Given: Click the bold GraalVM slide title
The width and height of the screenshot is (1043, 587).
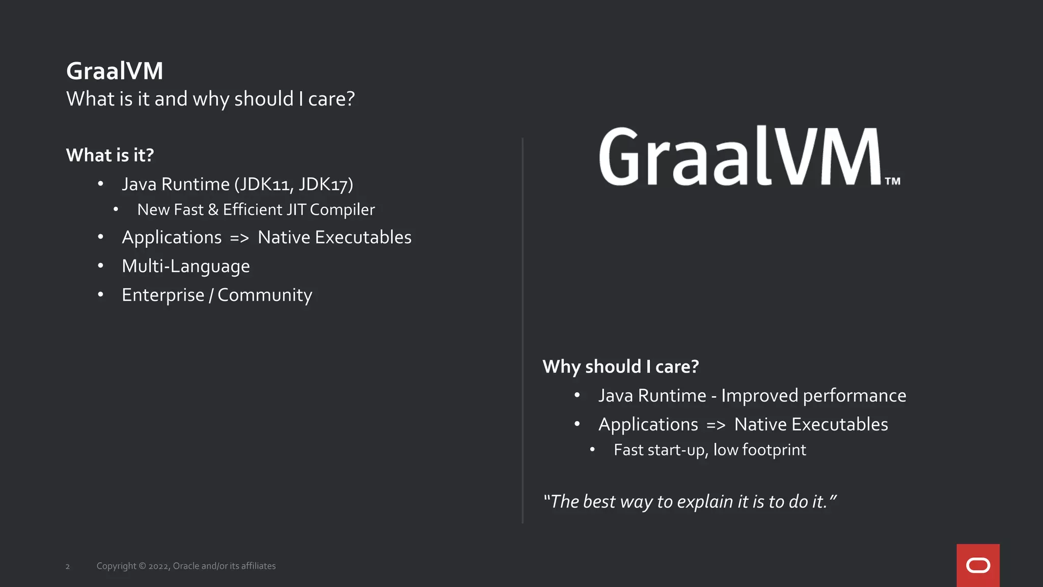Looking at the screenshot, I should (x=115, y=71).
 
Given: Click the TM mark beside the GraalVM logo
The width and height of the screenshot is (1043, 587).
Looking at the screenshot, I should (x=892, y=181).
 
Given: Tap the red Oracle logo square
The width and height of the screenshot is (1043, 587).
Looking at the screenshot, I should (x=978, y=565).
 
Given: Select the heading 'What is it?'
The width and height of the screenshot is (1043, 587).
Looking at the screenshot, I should (x=110, y=155).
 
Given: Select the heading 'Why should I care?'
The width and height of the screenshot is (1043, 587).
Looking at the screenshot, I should (x=620, y=366).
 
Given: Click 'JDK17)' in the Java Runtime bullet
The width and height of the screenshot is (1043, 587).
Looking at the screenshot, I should (x=326, y=184).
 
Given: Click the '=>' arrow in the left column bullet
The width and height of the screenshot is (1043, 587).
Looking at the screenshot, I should (x=239, y=238).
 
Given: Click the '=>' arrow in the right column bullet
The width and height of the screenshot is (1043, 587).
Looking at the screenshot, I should (x=716, y=425).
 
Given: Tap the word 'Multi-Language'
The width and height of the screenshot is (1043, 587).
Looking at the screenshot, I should (x=186, y=266).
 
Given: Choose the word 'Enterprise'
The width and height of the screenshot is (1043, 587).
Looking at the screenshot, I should (x=163, y=295).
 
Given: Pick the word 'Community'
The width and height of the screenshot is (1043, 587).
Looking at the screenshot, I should (x=265, y=295).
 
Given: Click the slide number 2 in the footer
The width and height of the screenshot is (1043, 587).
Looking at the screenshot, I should (x=68, y=567).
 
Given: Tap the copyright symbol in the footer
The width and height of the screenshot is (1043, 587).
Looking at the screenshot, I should (x=142, y=566).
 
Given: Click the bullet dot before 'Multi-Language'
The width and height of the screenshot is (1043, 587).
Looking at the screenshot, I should (x=101, y=265).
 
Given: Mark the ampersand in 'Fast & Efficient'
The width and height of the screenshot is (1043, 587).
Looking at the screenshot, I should (x=213, y=209).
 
